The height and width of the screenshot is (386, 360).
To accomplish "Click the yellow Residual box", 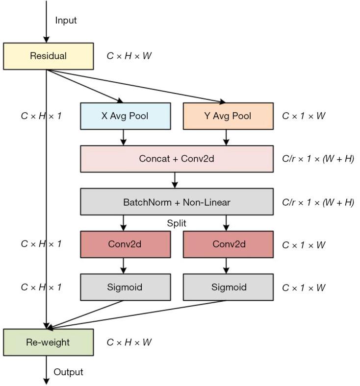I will point(48,56).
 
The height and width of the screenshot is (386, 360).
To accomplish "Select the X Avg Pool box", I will point(125,116).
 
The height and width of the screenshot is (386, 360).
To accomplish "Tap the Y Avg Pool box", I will point(228,116).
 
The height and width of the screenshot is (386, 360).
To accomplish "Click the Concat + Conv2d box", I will point(177,159).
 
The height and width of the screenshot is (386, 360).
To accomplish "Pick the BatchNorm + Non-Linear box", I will point(177,202).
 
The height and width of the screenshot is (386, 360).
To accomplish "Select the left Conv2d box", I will point(125,244).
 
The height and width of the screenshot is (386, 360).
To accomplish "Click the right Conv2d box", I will point(228,244).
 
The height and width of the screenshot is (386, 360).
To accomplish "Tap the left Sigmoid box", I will point(125,287).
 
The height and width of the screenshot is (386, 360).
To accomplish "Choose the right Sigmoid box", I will point(228,287).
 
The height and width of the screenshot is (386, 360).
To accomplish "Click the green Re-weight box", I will point(48,342).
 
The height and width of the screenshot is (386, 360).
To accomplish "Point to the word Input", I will point(66,21).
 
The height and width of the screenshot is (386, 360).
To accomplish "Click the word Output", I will point(68,372).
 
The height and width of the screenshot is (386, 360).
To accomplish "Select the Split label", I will point(176,223).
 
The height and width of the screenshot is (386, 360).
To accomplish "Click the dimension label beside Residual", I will point(129,56).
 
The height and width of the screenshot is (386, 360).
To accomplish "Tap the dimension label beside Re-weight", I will point(129,342).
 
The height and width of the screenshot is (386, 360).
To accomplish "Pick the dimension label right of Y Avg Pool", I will point(304,116).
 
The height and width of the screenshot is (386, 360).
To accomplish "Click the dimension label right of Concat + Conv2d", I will point(318,159).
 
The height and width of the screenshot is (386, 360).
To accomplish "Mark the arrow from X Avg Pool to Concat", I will point(123,138).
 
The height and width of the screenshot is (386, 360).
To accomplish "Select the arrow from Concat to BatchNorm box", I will point(175,180).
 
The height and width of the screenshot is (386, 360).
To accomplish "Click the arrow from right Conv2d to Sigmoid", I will point(226,266).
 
